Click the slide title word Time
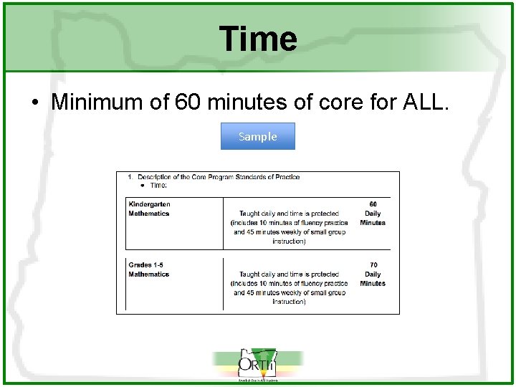[258, 39]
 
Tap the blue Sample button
[257, 136]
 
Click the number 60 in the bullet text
[188, 102]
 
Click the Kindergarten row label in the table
[149, 204]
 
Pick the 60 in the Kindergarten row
[373, 204]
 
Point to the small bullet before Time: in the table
[142, 186]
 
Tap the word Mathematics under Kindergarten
[148, 214]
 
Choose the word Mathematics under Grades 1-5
[148, 274]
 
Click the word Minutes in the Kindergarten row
[373, 223]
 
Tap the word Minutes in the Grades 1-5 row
[373, 284]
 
